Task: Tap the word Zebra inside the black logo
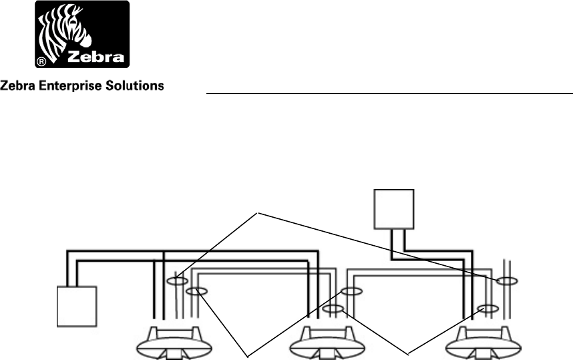(x=98, y=56)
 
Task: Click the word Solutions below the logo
(x=137, y=86)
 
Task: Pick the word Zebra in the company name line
(x=18, y=86)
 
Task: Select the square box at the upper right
(x=394, y=209)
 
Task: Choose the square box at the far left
(x=77, y=306)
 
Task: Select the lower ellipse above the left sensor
(x=196, y=291)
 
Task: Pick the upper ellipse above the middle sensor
(x=351, y=291)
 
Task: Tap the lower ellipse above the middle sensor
(x=334, y=309)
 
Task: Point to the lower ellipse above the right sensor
(x=488, y=309)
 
